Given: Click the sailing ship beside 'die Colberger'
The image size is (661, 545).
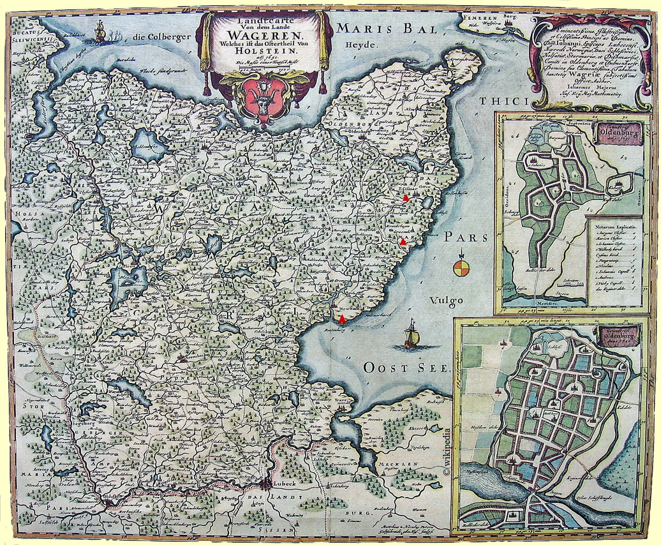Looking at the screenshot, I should tap(99, 32).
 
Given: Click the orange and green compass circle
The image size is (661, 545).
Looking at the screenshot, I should tap(461, 268).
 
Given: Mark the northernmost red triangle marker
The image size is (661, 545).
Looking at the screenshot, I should tap(406, 198).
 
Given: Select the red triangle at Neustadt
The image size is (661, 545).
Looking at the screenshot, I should tap(343, 318).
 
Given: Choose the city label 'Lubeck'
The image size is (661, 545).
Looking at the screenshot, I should tap(283, 484).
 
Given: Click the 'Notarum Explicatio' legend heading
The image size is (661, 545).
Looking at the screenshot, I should tap(613, 226).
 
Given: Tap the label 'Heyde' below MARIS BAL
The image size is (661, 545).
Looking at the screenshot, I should tap(358, 46).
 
